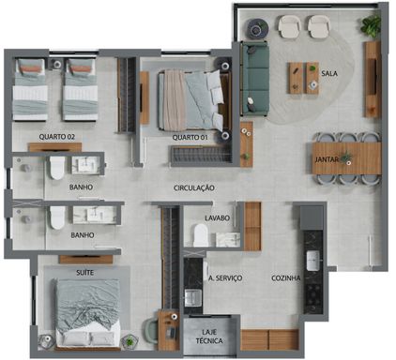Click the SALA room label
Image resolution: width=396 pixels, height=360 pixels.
329,74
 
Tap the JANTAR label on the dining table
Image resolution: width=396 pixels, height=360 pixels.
327,160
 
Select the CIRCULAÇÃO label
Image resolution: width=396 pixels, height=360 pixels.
194,187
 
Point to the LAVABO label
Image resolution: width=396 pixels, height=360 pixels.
217,217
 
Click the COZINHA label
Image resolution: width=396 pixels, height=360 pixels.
286,277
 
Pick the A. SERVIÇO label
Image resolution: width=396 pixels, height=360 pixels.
225,278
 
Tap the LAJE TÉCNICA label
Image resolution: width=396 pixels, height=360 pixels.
209,337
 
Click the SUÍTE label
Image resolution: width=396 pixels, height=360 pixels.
84,273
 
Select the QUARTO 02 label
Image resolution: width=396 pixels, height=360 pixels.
57,137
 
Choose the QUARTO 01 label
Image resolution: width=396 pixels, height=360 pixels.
190,137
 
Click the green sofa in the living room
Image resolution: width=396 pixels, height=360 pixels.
255,79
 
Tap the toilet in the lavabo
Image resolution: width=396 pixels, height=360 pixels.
201,235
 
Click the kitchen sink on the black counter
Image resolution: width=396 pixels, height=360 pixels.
312,261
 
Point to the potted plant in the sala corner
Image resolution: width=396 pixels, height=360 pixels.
372,26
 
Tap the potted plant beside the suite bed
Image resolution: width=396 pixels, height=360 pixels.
129,341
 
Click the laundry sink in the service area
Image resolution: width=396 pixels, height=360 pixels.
193,297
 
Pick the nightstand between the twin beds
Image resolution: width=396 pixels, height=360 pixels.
56,65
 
